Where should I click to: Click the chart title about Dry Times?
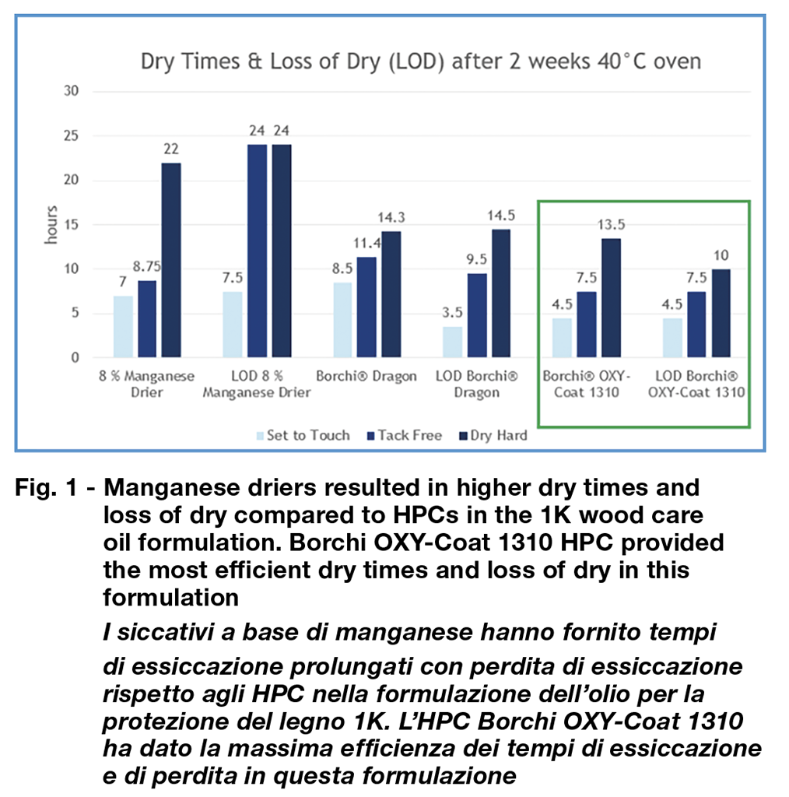tap(421, 61)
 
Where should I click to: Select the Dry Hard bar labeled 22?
tap(170, 260)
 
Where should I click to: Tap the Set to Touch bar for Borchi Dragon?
tap(342, 320)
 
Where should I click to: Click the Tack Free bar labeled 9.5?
tap(477, 315)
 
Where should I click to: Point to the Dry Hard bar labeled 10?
tap(721, 313)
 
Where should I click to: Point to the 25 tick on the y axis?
tap(73, 136)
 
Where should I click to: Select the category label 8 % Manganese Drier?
tap(147, 384)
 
